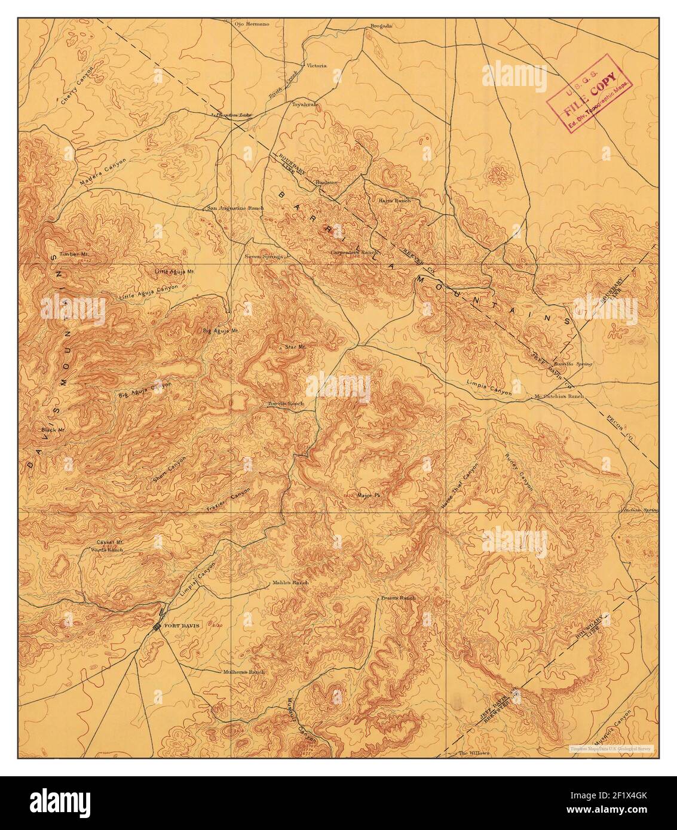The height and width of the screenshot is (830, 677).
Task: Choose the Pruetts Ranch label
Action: (397, 598)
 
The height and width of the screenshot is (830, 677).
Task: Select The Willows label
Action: (474, 753)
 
